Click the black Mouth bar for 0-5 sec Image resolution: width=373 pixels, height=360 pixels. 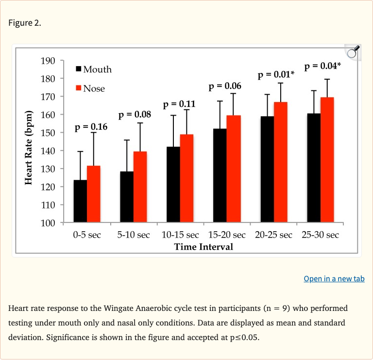point(80,201)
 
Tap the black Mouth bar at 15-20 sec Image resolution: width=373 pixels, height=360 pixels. point(220,175)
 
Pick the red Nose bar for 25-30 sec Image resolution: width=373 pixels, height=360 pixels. point(327,160)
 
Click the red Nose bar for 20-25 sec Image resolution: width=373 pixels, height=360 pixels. point(281,162)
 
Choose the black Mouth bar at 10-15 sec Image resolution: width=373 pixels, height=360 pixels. point(173,185)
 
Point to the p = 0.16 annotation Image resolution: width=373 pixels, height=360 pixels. point(91,127)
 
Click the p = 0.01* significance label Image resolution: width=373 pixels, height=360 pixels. point(276,75)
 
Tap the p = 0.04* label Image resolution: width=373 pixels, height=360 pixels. point(322,66)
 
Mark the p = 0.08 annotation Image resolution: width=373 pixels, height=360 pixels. point(135,115)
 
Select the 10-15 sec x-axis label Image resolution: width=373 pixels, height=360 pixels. point(180,235)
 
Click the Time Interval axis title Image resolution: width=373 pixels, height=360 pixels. point(203,247)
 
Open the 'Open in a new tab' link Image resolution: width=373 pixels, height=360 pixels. point(334,278)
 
